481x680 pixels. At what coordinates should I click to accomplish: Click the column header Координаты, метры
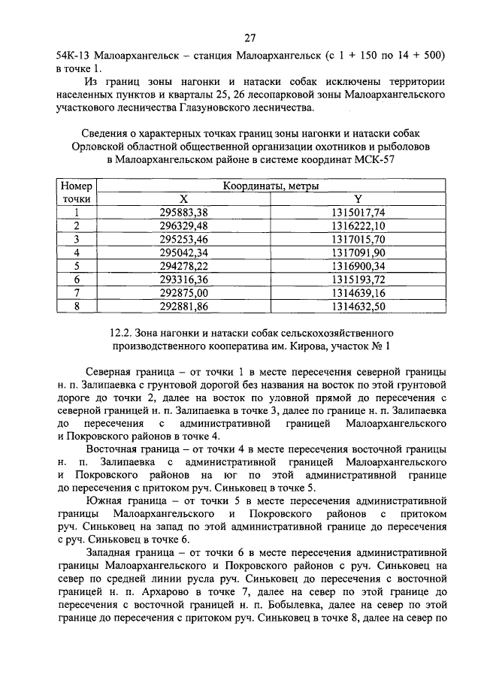(x=271, y=186)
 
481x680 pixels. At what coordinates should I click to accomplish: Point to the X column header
(x=183, y=199)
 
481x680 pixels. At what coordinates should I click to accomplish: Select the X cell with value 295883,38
(x=183, y=213)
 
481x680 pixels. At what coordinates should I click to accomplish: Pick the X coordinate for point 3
(x=183, y=239)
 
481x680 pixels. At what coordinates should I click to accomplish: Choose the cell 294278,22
(x=183, y=266)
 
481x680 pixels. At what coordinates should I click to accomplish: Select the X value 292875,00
(x=183, y=292)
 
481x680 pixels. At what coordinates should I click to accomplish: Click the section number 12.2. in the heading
(x=123, y=332)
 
